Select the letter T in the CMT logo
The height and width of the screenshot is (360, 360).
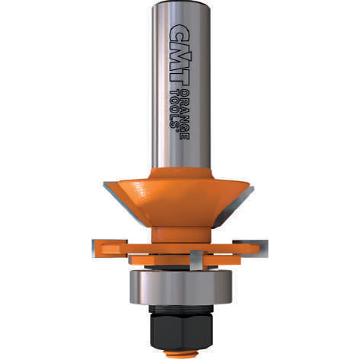point(179,78)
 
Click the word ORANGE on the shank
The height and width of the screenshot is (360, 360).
point(184,114)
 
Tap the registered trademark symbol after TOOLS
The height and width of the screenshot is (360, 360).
point(177,129)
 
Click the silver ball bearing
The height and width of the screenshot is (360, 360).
point(181,287)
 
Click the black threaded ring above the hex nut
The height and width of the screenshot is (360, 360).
point(181,310)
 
